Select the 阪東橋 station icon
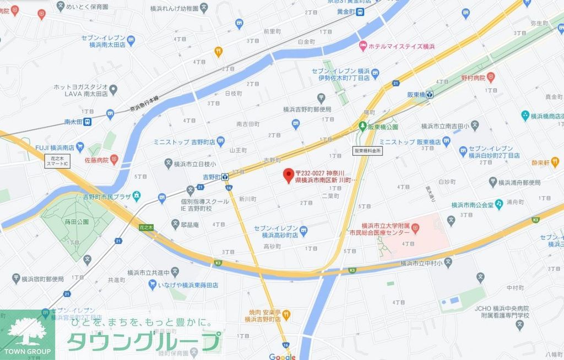(430, 94)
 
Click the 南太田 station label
(73, 122)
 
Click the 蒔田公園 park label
(76, 222)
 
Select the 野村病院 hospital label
(470, 78)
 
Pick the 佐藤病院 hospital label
(96, 160)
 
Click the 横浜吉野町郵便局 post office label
(307, 109)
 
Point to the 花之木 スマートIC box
(57, 161)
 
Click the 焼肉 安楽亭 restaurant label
(263, 314)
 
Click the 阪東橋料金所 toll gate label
(367, 150)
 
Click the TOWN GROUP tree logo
(27, 333)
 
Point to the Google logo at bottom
(283, 356)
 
